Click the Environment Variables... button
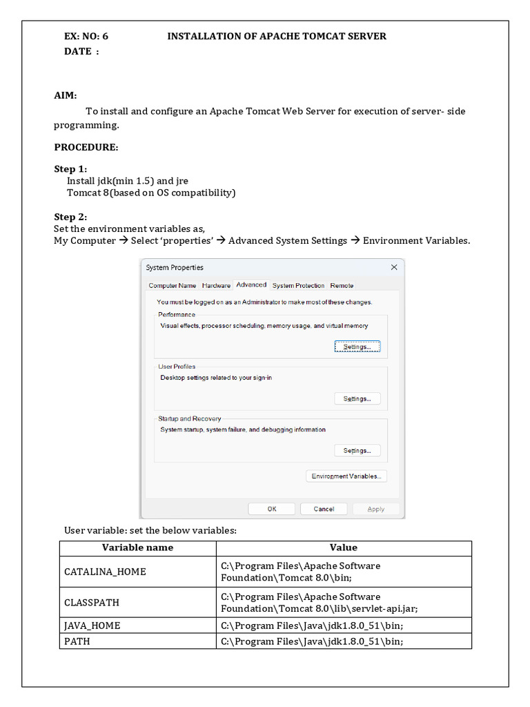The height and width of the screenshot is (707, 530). coord(346,476)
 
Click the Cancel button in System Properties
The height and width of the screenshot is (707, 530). coord(324,509)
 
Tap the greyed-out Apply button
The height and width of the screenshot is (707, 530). coord(376,509)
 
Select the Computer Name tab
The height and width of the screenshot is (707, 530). coord(173,285)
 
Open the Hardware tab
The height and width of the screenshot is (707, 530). coord(216,285)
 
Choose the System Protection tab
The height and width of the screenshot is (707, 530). coord(298,285)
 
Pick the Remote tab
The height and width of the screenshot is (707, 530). coord(342,285)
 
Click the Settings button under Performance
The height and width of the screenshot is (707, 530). coord(357,347)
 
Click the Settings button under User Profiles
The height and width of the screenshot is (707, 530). coord(357,398)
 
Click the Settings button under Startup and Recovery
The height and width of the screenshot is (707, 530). coord(357,450)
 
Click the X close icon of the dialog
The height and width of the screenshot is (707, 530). coord(394,267)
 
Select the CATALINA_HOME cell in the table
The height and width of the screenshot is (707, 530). coord(105,572)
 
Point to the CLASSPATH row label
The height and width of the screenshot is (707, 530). coord(92,602)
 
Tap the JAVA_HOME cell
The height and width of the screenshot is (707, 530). coord(92,626)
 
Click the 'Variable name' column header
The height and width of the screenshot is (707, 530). coord(137,548)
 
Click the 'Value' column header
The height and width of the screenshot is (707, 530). coord(343,548)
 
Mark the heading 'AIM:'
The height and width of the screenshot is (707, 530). coord(66,95)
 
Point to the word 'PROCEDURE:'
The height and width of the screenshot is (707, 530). coord(86,147)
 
